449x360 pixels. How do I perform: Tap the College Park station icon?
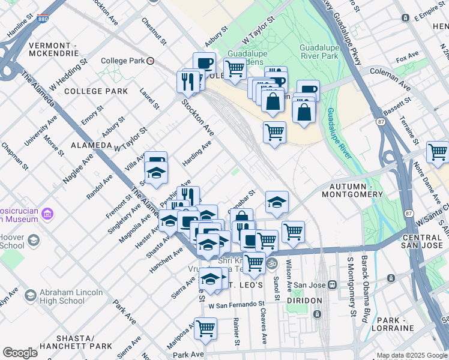(x=151, y=61)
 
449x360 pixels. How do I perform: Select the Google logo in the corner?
(x=20, y=353)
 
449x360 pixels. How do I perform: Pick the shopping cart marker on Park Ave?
(x=205, y=328)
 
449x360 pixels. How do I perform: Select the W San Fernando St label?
(x=237, y=305)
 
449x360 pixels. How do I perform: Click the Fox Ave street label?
(x=407, y=56)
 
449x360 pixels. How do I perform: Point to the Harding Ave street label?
(x=197, y=154)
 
